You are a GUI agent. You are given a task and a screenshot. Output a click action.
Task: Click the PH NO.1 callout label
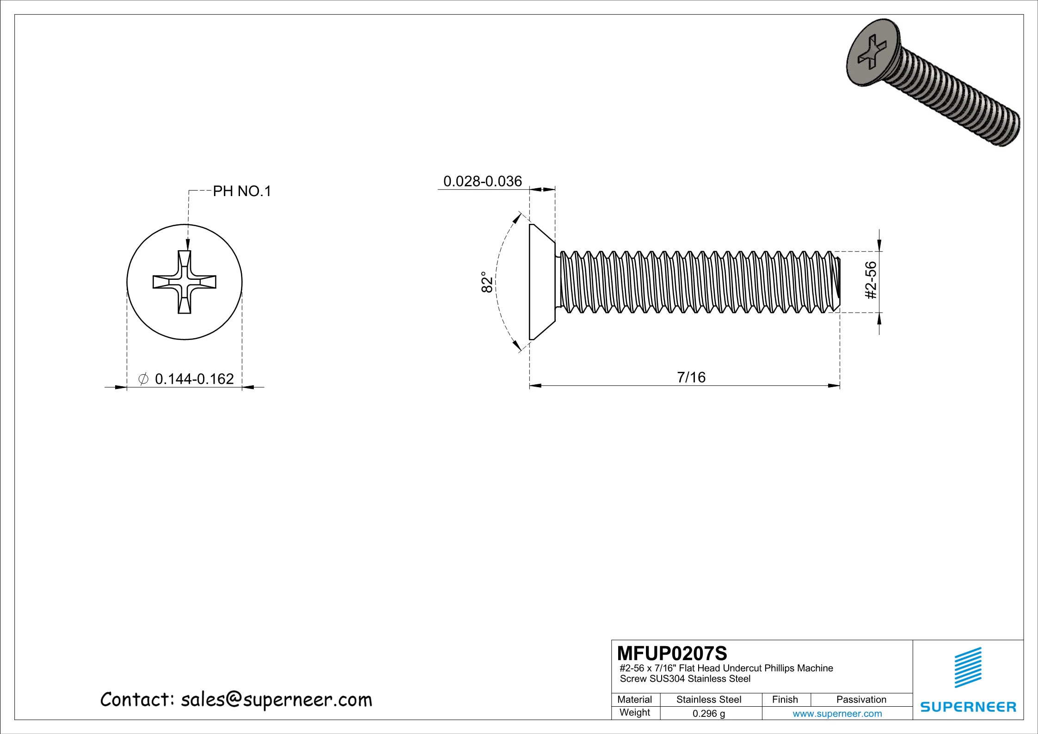pos(241,191)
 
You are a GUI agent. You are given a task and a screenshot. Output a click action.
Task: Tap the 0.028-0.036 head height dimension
pos(482,181)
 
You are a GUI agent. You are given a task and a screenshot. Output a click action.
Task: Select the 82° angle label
pos(486,282)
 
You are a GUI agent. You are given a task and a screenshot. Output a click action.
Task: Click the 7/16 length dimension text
pos(691,377)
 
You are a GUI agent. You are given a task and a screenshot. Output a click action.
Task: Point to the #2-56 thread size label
pos(871,280)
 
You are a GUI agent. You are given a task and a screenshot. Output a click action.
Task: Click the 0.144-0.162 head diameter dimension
pos(194,379)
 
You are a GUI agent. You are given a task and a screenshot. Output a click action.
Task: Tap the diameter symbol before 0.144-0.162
pos(143,379)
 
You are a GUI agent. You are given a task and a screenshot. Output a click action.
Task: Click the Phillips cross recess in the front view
pos(184,282)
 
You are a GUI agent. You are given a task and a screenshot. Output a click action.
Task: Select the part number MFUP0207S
pos(672,654)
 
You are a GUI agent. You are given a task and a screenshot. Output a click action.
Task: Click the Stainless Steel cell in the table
pos(708,699)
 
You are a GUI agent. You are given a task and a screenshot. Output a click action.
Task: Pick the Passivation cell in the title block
pos(861,699)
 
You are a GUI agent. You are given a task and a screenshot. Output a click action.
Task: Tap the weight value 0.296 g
pos(708,713)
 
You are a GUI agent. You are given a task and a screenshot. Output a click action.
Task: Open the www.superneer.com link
pos(837,713)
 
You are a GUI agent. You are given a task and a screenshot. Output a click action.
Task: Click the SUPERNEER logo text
pos(968,707)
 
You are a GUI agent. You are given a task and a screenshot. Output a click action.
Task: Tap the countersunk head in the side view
pos(541,282)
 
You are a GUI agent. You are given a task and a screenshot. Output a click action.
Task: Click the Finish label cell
pos(785,699)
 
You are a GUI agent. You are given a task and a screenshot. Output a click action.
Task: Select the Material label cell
pos(634,699)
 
